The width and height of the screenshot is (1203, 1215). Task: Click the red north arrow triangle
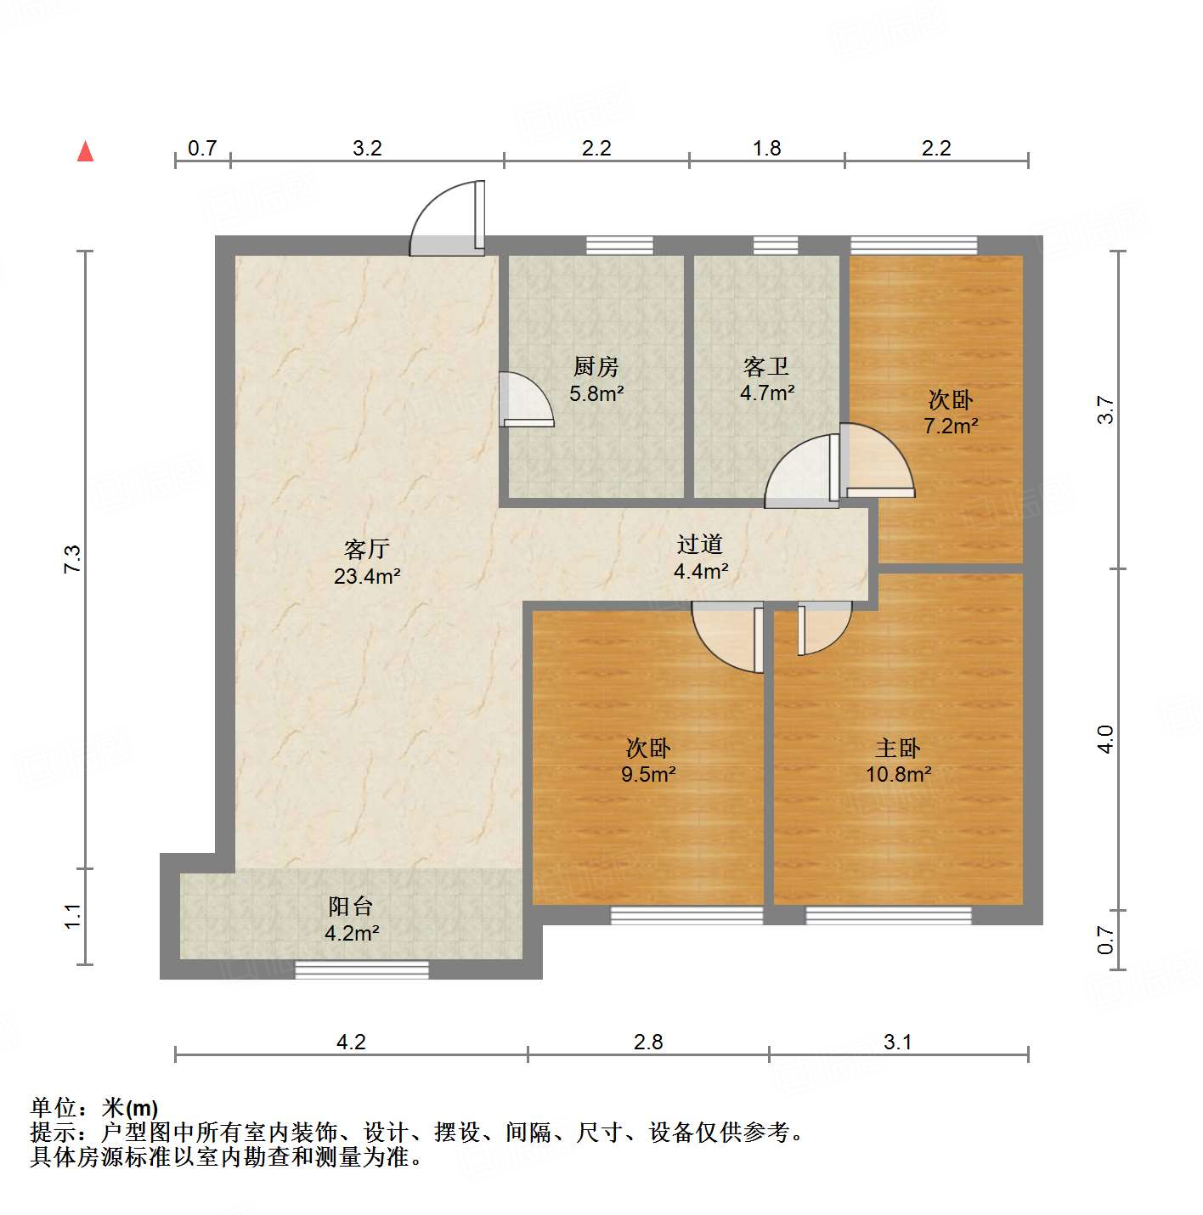(85, 151)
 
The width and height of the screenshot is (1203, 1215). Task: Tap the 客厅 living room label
(367, 549)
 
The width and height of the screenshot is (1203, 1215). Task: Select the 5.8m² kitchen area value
(597, 393)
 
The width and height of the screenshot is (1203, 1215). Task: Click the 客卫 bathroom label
(766, 367)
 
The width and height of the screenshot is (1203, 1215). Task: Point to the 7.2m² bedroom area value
(951, 426)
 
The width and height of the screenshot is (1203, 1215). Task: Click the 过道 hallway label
(700, 544)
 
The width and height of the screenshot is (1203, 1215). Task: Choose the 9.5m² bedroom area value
(648, 774)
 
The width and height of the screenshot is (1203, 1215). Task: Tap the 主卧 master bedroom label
(898, 749)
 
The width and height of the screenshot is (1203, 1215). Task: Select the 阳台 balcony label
(351, 907)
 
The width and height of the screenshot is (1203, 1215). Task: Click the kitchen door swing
(526, 399)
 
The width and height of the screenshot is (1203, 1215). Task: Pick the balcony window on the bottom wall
(362, 969)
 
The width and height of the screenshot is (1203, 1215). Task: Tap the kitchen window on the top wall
(620, 246)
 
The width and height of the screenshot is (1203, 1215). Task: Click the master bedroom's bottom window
(888, 915)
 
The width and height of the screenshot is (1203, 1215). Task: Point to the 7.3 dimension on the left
(73, 558)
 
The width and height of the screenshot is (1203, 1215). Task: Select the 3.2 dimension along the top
(367, 148)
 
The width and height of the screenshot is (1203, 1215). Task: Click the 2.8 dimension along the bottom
(648, 1042)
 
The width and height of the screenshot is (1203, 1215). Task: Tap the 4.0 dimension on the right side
(1104, 739)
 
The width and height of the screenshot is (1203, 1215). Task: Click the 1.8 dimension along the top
(766, 148)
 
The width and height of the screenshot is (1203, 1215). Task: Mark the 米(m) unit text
(130, 1108)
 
